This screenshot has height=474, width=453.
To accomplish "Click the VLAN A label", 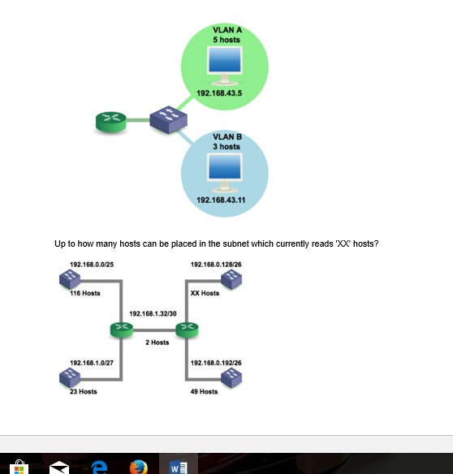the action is click(x=227, y=30).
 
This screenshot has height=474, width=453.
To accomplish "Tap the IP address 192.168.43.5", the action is click(x=219, y=93).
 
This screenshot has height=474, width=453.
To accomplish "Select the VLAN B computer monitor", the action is click(x=225, y=173).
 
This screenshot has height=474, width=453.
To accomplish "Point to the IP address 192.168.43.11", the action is click(x=221, y=200).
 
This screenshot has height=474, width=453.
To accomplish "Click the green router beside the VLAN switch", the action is click(x=111, y=122).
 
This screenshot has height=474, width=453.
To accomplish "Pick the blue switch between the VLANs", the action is click(x=168, y=119).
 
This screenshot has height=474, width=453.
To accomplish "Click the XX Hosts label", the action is click(x=205, y=293).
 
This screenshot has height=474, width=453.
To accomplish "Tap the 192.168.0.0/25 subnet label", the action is click(x=92, y=265).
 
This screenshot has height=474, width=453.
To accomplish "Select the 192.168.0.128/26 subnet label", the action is click(x=216, y=265).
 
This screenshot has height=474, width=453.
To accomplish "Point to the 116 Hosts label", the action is click(x=85, y=293).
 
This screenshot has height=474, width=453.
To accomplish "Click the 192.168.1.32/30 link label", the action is click(x=153, y=314).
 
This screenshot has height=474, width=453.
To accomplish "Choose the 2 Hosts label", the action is click(x=157, y=343).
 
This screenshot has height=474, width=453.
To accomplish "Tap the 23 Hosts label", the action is click(x=84, y=392).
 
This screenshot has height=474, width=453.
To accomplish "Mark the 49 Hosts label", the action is click(x=204, y=392).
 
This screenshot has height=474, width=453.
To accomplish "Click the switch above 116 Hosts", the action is click(x=70, y=279).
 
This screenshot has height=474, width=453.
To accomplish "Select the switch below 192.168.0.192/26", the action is click(x=231, y=377).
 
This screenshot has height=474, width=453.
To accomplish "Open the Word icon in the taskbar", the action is click(x=179, y=468).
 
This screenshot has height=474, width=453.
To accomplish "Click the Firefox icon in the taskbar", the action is click(x=139, y=468).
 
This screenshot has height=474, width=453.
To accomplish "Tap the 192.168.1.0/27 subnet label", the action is click(x=92, y=363).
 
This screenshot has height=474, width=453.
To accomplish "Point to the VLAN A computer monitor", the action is click(x=225, y=66).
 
